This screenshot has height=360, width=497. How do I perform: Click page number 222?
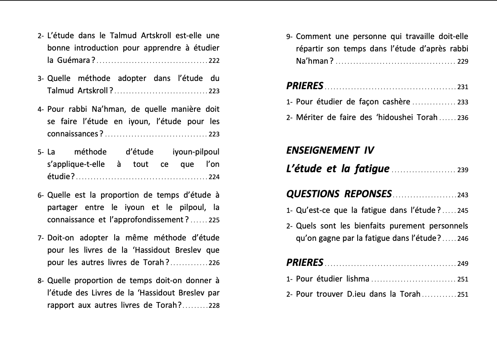pyautogui.click(x=214, y=61)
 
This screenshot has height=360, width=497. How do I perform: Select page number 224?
pyautogui.click(x=214, y=178)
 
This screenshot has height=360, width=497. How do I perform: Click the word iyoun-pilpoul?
pyautogui.click(x=196, y=152)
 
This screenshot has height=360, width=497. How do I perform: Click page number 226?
pyautogui.click(x=214, y=263)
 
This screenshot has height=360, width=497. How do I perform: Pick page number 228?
pyautogui.click(x=214, y=306)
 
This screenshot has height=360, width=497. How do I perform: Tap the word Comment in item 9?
pyautogui.click(x=315, y=37)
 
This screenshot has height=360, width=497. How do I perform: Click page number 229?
pyautogui.click(x=462, y=62)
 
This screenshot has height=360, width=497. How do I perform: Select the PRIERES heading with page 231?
pyautogui.click(x=305, y=86)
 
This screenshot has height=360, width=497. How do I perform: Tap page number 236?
pyautogui.click(x=462, y=118)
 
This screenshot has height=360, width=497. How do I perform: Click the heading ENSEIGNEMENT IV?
pyautogui.click(x=330, y=150)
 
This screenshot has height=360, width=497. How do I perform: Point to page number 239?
pyautogui.click(x=462, y=170)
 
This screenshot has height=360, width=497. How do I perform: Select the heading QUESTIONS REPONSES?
pyautogui.click(x=339, y=194)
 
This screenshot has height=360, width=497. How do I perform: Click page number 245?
pyautogui.click(x=462, y=211)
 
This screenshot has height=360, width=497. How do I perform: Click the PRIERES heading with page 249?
pyautogui.click(x=305, y=262)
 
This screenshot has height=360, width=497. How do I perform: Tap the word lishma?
pyautogui.click(x=357, y=279)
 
